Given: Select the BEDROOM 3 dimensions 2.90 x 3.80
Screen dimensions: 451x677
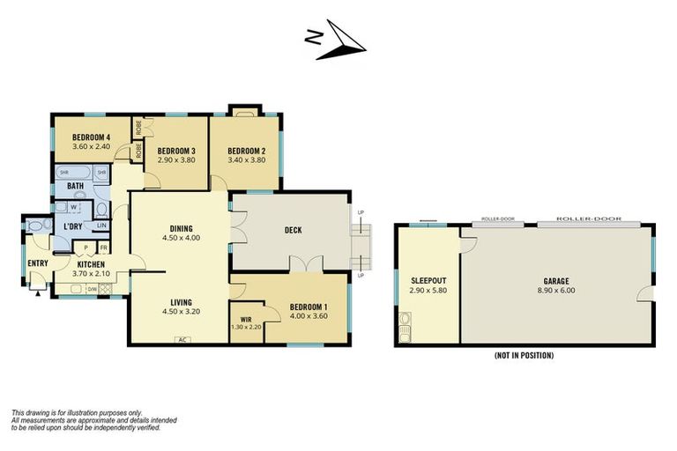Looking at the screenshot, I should pyautogui.click(x=176, y=160).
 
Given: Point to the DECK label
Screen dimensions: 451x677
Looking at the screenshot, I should pyautogui.click(x=294, y=231).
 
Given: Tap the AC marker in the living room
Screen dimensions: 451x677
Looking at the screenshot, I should pyautogui.click(x=182, y=340).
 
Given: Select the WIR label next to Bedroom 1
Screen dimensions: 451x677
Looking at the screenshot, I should pyautogui.click(x=246, y=319).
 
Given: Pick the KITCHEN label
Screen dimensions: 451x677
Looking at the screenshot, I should pyautogui.click(x=91, y=264).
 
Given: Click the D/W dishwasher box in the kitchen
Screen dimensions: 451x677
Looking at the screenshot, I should pyautogui.click(x=92, y=287).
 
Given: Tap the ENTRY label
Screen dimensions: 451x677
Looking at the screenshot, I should pyautogui.click(x=38, y=263).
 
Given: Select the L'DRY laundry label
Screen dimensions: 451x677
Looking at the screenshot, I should pyautogui.click(x=74, y=226).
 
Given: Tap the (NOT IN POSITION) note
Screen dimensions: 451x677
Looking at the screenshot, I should pyautogui.click(x=524, y=356).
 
